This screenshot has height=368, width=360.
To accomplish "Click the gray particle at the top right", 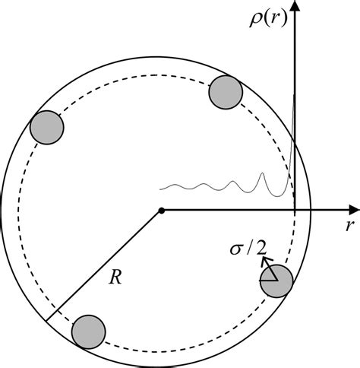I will pos(226,91).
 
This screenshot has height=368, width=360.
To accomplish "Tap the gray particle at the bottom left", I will pos(89,330).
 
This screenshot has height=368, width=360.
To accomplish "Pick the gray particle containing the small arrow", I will pos(276,281).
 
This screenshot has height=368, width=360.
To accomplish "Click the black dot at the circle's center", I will pos(161,209).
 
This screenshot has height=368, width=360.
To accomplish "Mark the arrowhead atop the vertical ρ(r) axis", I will pos(295,6).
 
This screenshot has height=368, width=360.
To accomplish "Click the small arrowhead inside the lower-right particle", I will pos(265,261).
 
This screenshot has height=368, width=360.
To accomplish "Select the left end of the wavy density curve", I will pos(160,187).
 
